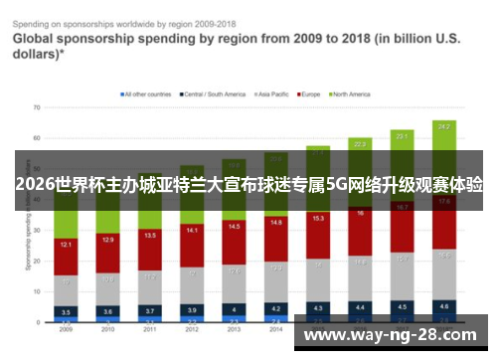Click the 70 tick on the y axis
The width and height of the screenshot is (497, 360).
pyautogui.click(x=36, y=105)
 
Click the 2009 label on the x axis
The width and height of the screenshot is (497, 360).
pyautogui.click(x=66, y=329)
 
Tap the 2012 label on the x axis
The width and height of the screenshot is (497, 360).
pyautogui.click(x=192, y=329)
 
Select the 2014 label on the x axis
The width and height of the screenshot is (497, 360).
pyautogui.click(x=275, y=329)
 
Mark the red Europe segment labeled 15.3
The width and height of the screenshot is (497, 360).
pyautogui.click(x=318, y=219)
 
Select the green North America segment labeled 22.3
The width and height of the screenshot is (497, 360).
pyautogui.click(x=360, y=144)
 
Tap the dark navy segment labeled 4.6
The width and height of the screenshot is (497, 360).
pyautogui.click(x=444, y=306)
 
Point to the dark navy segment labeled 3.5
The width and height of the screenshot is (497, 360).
pyautogui.click(x=66, y=311)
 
